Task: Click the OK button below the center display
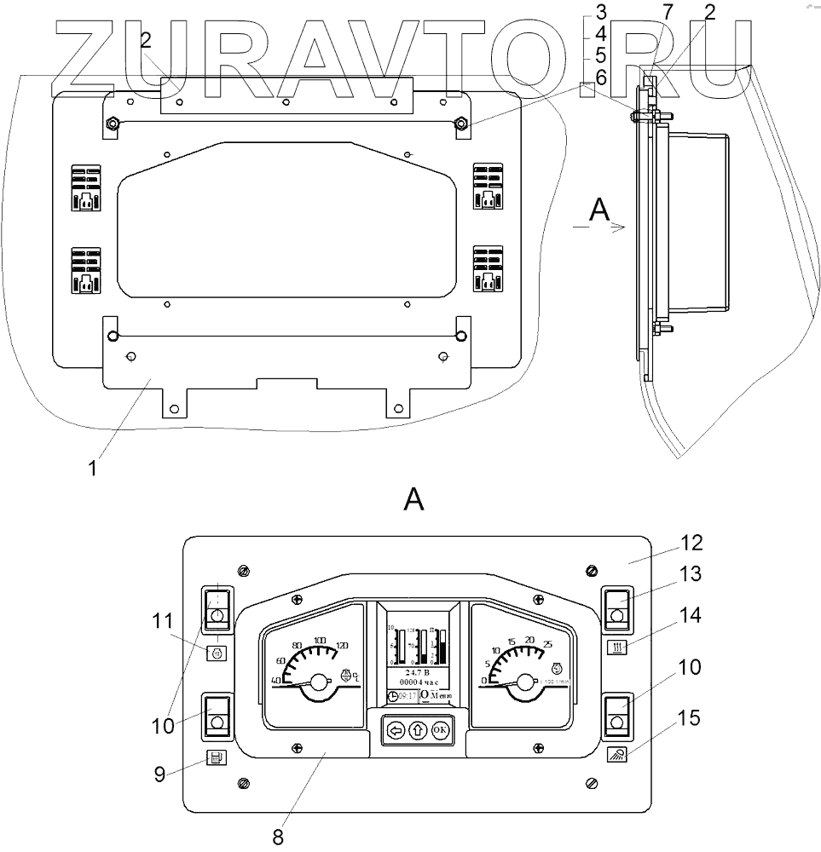pyautogui.click(x=440, y=730)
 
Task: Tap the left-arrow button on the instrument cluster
pyautogui.click(x=395, y=730)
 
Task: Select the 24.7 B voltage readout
pyautogui.click(x=417, y=672)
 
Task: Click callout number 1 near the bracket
pyautogui.click(x=93, y=467)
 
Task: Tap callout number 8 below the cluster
pyautogui.click(x=278, y=836)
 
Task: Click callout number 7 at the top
pyautogui.click(x=668, y=12)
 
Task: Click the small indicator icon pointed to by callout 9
pyautogui.click(x=217, y=757)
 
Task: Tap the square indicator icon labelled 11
pyautogui.click(x=217, y=653)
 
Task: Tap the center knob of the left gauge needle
pyautogui.click(x=318, y=682)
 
